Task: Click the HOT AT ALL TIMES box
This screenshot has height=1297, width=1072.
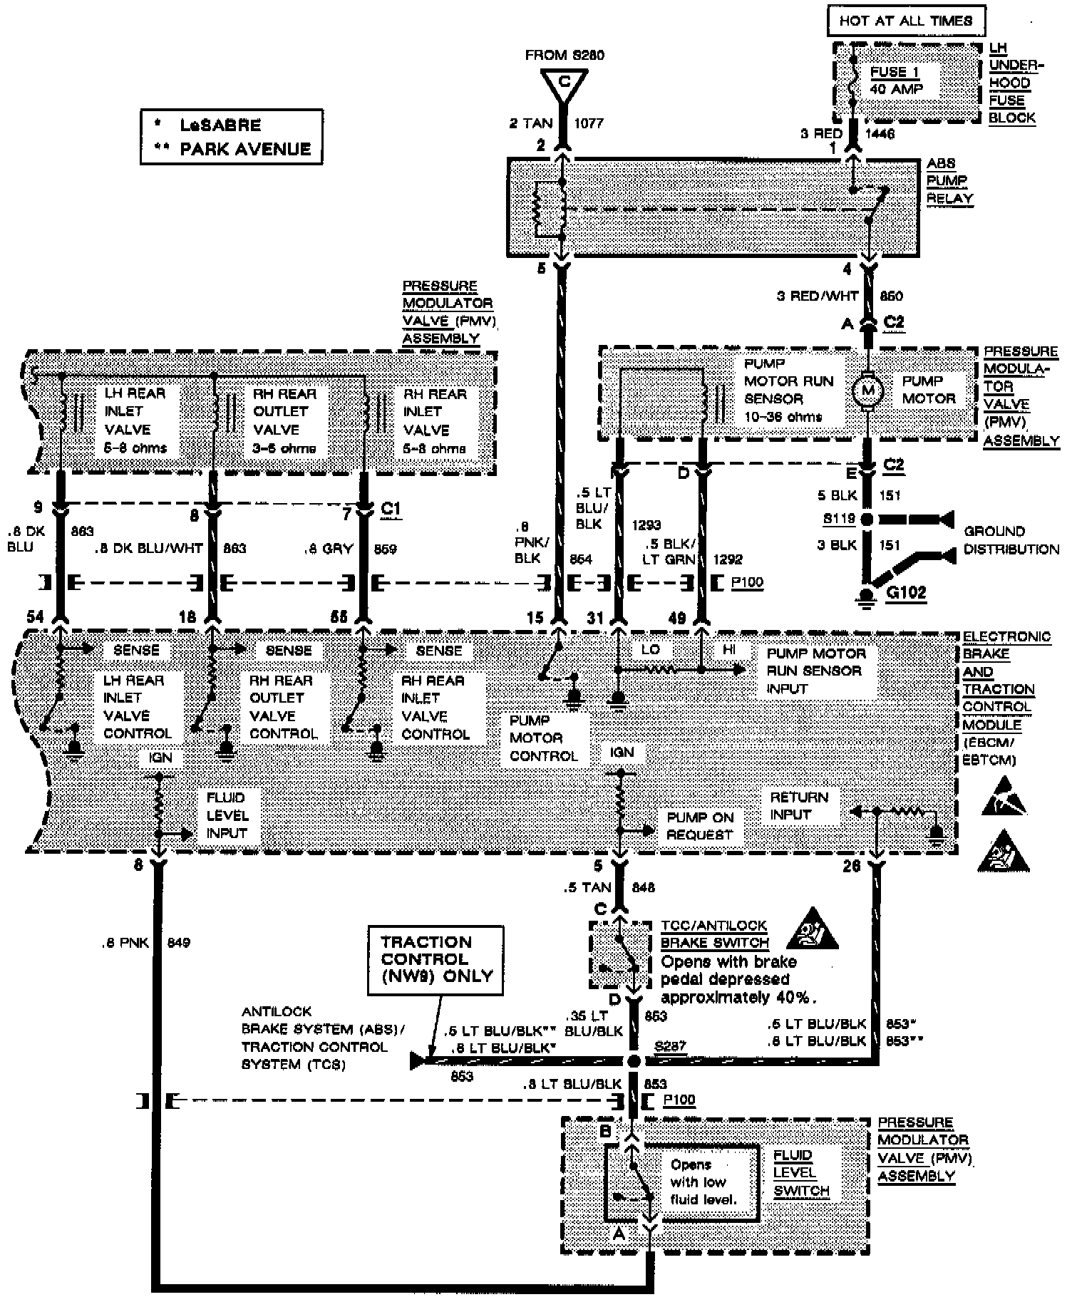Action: (905, 21)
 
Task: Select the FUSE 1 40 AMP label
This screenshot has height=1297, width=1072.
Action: (896, 81)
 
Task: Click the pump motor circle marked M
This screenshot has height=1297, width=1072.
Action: (867, 390)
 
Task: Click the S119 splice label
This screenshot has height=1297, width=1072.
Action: (839, 519)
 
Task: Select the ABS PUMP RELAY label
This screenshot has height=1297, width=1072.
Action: (949, 181)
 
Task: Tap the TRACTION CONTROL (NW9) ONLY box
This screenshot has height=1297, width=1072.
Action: (435, 959)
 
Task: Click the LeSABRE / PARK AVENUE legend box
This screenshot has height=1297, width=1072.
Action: (232, 137)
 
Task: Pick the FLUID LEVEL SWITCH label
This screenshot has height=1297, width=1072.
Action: (801, 1173)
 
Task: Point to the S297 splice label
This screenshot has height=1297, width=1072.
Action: (670, 1046)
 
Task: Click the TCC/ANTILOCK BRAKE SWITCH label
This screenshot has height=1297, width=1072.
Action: (714, 934)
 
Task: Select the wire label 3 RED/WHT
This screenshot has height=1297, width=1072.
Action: (817, 296)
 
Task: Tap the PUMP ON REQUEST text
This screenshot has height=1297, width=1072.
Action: (699, 826)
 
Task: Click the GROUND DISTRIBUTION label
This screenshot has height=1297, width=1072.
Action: (1011, 540)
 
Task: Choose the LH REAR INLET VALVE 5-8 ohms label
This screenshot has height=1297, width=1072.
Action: (135, 420)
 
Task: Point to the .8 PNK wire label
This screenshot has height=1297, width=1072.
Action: (125, 943)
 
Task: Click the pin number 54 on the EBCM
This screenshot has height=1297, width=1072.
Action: (35, 616)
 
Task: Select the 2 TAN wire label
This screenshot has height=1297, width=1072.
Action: (530, 123)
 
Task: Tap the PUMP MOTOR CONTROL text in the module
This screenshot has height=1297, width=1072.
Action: (543, 738)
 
